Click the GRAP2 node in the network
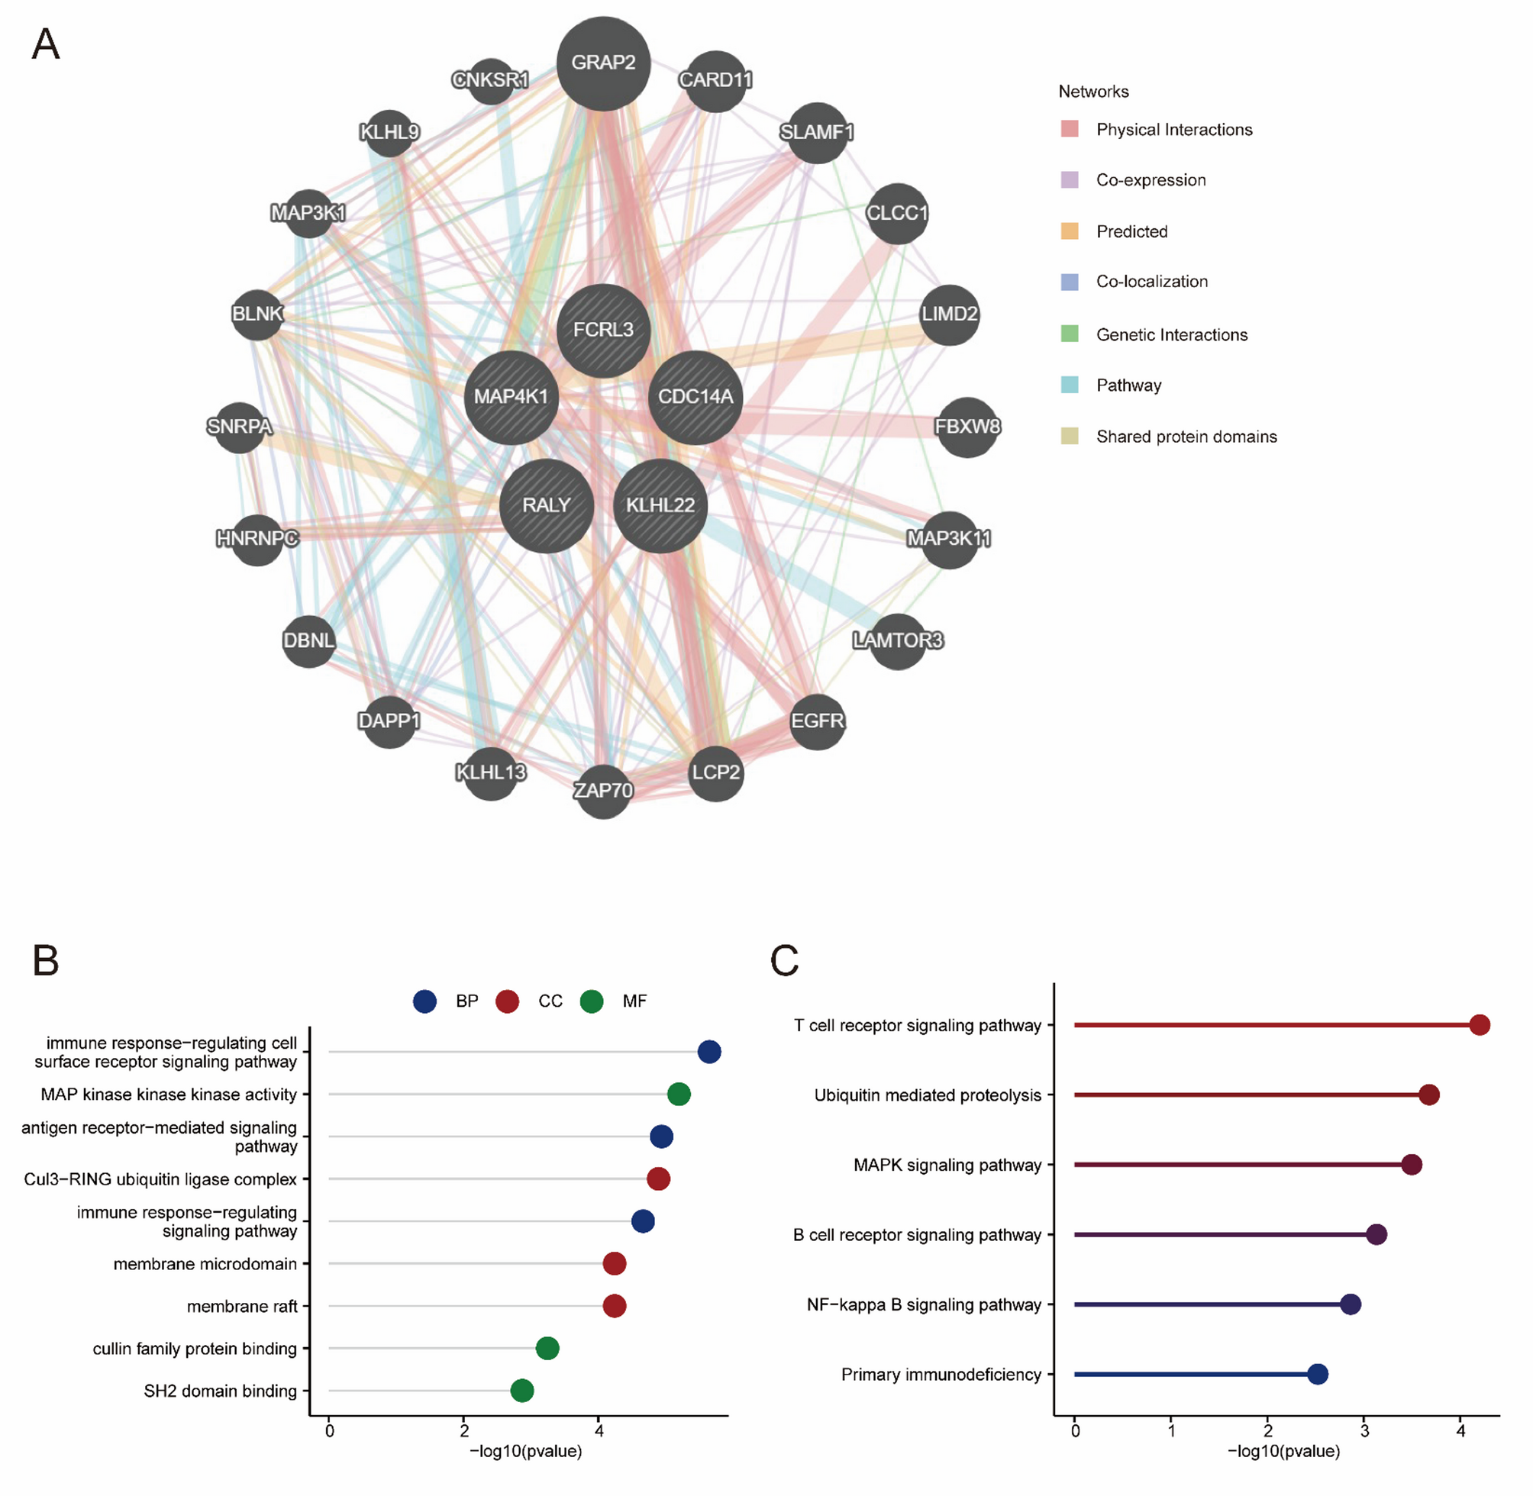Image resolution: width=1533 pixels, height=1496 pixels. (x=602, y=63)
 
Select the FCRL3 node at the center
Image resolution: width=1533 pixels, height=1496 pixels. (x=602, y=330)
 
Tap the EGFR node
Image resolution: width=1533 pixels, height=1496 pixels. (x=817, y=721)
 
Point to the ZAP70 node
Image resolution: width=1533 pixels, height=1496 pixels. (x=602, y=791)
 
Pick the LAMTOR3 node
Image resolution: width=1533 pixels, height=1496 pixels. (x=897, y=641)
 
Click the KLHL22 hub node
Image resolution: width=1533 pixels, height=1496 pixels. (x=660, y=505)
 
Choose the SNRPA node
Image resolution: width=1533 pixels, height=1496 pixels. (x=239, y=427)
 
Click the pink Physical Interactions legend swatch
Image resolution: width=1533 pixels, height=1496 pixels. (x=1070, y=129)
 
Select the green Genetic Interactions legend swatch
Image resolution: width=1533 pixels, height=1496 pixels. (x=1070, y=334)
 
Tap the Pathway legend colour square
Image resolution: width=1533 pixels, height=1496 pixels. (x=1070, y=385)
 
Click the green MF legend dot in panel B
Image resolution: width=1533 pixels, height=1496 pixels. (x=592, y=1001)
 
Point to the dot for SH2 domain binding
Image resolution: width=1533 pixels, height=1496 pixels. (x=521, y=1391)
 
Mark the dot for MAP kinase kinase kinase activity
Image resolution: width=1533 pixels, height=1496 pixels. (x=678, y=1094)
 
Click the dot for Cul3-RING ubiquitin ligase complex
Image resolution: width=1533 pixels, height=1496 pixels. (x=658, y=1178)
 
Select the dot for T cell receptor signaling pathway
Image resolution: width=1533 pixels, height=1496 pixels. (x=1479, y=1024)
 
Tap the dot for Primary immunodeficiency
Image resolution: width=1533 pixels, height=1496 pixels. (x=1318, y=1374)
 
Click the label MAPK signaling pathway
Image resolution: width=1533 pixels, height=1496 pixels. (x=947, y=1165)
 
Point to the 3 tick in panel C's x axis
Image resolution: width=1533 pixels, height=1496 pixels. (x=1365, y=1432)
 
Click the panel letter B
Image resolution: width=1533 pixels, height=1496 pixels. (x=46, y=960)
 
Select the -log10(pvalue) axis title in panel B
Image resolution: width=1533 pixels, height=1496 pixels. (x=526, y=1451)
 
